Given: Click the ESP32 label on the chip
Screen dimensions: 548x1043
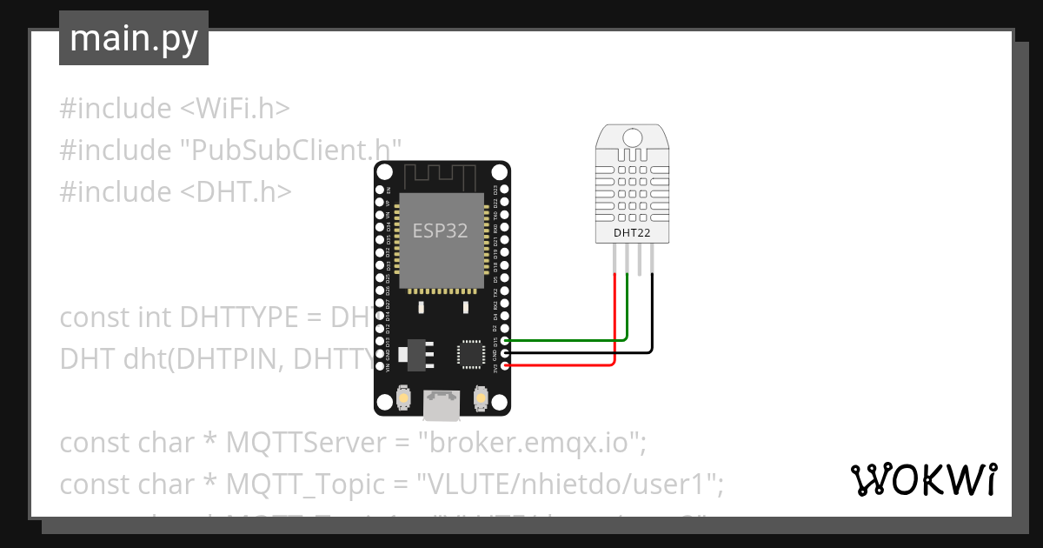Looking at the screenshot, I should pyautogui.click(x=440, y=231).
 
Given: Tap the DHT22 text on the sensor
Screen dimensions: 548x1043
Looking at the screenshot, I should pyautogui.click(x=631, y=233).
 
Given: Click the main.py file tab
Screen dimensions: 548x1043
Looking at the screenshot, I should pyautogui.click(x=134, y=38).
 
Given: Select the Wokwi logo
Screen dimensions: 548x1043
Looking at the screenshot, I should pyautogui.click(x=922, y=479).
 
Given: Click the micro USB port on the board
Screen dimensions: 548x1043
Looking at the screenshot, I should pyautogui.click(x=442, y=403).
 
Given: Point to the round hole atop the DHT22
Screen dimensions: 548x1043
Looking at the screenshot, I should pyautogui.click(x=631, y=136).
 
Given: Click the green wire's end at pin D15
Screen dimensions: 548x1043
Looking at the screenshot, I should pyautogui.click(x=506, y=341).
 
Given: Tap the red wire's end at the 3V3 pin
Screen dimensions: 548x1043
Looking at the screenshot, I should pyautogui.click(x=506, y=365).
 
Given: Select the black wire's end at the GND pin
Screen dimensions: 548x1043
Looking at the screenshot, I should pyautogui.click(x=506, y=353).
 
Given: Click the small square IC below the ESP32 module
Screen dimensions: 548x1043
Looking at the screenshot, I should pyautogui.click(x=472, y=353).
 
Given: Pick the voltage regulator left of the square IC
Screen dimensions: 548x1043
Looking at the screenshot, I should pyautogui.click(x=409, y=353).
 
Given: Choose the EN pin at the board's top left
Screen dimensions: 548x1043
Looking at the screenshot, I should pyautogui.click(x=379, y=189).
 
